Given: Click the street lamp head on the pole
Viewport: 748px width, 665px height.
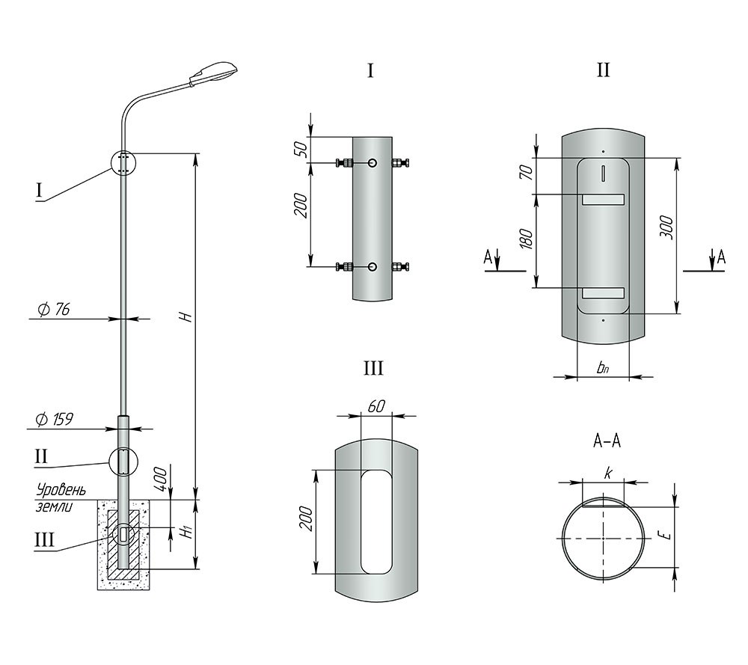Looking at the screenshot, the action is click(x=213, y=73).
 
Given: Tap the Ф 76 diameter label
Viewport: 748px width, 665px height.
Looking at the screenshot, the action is click(x=53, y=310).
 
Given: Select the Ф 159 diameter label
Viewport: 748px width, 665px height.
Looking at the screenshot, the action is click(x=55, y=420).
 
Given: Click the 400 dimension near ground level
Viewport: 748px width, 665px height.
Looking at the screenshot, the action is click(x=161, y=479).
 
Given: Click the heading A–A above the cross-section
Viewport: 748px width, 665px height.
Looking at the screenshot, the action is click(x=607, y=441).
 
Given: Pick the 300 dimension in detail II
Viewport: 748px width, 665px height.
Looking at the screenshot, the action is click(x=666, y=227).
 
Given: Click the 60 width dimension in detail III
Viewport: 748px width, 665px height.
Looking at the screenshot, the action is click(x=376, y=406).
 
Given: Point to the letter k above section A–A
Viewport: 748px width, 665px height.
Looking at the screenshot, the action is click(x=607, y=474).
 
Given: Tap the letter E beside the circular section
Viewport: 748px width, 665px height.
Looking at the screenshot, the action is click(x=667, y=536).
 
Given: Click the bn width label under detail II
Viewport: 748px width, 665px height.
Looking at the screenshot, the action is click(x=602, y=368).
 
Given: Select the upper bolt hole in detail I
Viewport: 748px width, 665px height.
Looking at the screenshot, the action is click(x=372, y=163).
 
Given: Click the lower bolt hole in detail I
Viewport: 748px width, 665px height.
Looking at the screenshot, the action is click(x=372, y=266).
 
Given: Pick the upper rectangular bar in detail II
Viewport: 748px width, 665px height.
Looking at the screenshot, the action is click(x=603, y=200).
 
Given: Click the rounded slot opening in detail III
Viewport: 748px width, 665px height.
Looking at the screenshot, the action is click(x=376, y=521).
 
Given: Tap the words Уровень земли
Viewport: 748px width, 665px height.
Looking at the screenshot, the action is click(x=61, y=497).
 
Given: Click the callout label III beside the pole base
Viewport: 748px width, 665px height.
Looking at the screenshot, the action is click(x=45, y=541).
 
